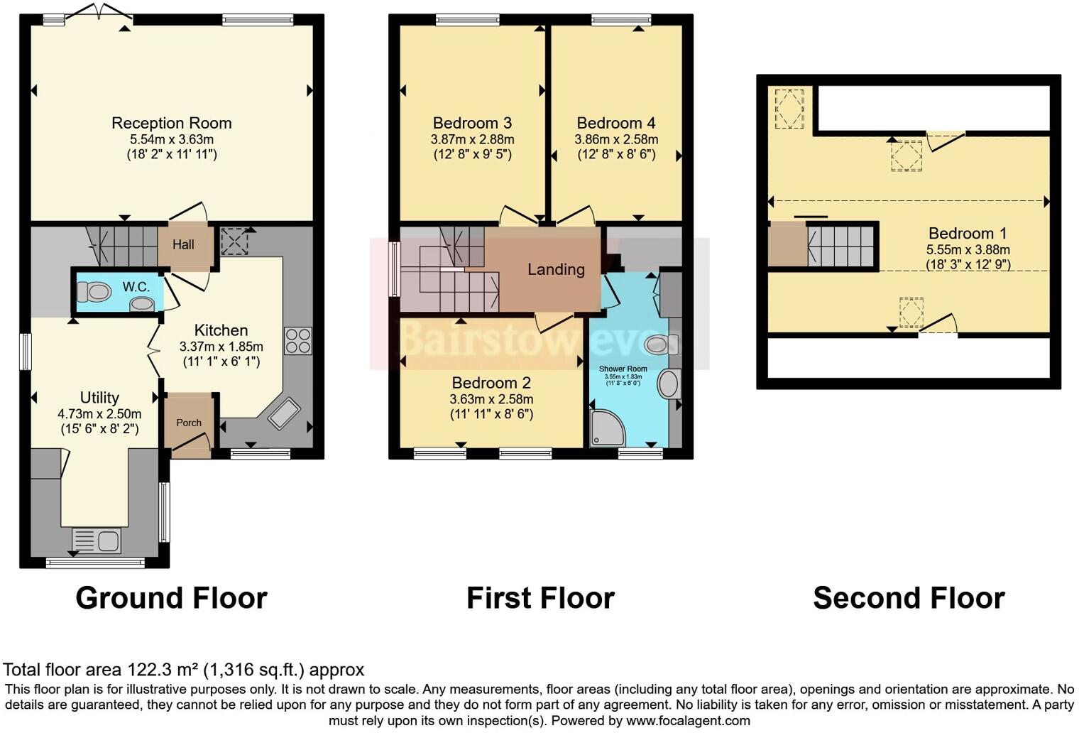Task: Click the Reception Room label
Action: (x=171, y=123)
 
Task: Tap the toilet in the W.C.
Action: (x=94, y=291)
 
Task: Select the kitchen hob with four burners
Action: (x=297, y=340)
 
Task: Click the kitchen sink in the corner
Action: (x=283, y=413)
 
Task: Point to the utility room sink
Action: (x=97, y=541)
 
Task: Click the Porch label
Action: (x=189, y=423)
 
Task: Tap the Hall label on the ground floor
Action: (x=183, y=244)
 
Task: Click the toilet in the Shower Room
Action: (x=660, y=345)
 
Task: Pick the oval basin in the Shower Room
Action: (x=669, y=384)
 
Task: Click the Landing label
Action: (x=556, y=269)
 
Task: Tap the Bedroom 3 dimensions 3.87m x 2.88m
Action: (x=472, y=139)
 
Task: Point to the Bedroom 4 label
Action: (x=615, y=123)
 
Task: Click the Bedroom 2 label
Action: (x=491, y=383)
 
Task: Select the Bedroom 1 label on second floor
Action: (x=967, y=233)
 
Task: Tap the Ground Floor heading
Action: (x=171, y=598)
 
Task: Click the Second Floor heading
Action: (x=908, y=598)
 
